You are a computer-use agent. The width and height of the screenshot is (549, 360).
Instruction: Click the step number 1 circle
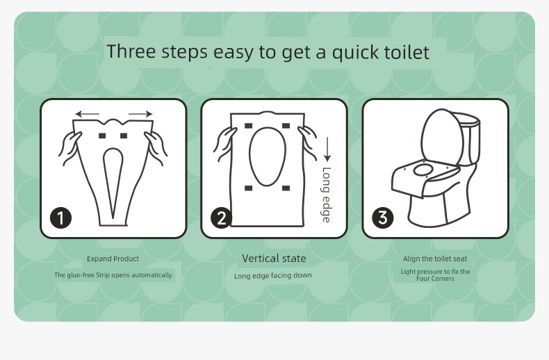[61, 218]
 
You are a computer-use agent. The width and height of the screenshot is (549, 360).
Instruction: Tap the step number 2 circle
[221, 218]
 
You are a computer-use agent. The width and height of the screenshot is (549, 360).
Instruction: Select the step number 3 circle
[383, 218]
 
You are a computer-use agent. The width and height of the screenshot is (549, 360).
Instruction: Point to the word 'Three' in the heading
[131, 51]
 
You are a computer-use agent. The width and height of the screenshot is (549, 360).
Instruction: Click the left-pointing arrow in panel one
[87, 114]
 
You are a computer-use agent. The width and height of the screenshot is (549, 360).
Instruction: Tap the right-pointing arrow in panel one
[140, 113]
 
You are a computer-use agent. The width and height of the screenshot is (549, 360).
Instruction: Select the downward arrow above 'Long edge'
[327, 149]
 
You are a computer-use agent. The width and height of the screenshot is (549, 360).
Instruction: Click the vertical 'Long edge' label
[326, 195]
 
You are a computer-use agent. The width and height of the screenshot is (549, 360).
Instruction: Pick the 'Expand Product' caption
[113, 259]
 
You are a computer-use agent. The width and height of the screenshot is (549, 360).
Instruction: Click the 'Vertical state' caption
[274, 259]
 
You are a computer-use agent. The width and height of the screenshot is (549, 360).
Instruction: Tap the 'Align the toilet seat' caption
[435, 259]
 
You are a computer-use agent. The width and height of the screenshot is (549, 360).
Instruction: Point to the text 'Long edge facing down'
[273, 276]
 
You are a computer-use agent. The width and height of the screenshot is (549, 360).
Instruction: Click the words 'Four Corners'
[435, 279]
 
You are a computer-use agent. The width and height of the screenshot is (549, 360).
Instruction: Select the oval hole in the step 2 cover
[267, 156]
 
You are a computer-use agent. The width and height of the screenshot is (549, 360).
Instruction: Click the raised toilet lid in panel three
[442, 137]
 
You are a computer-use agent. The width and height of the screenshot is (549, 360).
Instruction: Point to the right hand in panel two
[307, 142]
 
